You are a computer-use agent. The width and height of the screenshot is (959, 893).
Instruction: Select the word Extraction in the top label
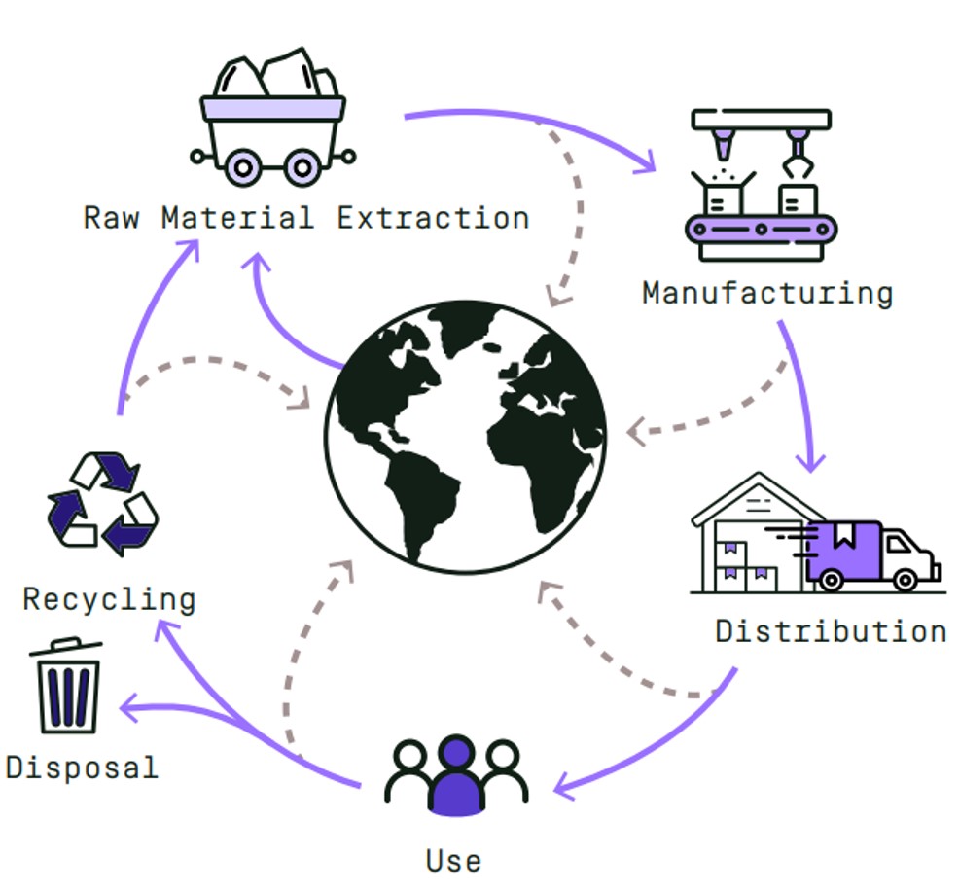click(433, 217)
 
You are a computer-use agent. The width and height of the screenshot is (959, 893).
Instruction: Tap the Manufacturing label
click(766, 292)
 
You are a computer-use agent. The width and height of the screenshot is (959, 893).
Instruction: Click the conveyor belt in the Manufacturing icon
click(761, 231)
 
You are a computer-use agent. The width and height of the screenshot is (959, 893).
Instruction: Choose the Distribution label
click(831, 630)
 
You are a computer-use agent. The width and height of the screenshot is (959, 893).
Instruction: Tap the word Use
click(453, 860)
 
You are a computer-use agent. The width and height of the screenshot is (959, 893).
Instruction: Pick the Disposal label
click(82, 767)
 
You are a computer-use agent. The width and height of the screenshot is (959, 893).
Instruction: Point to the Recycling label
click(109, 598)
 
